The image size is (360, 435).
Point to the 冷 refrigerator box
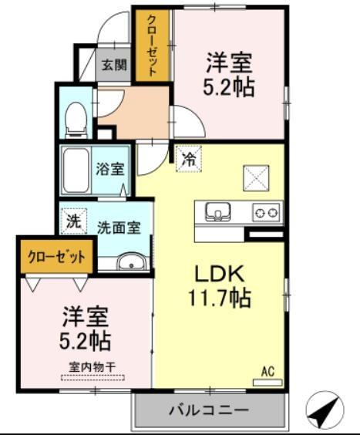tap(188, 160)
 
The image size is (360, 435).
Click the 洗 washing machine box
tap(73, 220)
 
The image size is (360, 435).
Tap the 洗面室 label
tap(118, 228)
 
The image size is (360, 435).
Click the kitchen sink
tap(217, 211)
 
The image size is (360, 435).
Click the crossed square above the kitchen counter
tap(254, 177)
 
